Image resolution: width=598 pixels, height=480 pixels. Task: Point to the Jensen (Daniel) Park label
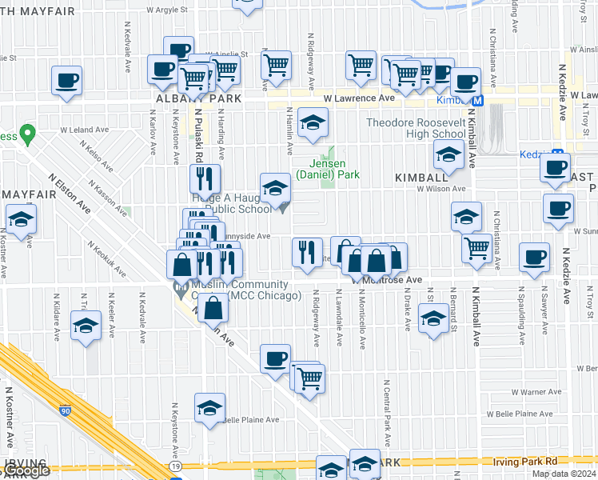328,169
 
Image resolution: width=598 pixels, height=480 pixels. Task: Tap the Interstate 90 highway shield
65,410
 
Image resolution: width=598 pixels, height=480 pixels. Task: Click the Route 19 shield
175,466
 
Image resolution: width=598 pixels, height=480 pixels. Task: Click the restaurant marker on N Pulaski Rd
205,178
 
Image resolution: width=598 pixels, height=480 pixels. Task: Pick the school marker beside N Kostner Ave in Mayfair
21,218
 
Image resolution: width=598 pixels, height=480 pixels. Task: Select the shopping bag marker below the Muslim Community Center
213,308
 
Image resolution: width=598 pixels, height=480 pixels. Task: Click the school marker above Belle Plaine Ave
209,408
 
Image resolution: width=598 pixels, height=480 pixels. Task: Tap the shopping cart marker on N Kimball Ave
477,248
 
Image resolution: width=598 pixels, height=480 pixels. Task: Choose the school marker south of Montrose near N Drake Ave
433,318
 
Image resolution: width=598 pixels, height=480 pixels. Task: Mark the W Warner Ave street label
539,392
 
